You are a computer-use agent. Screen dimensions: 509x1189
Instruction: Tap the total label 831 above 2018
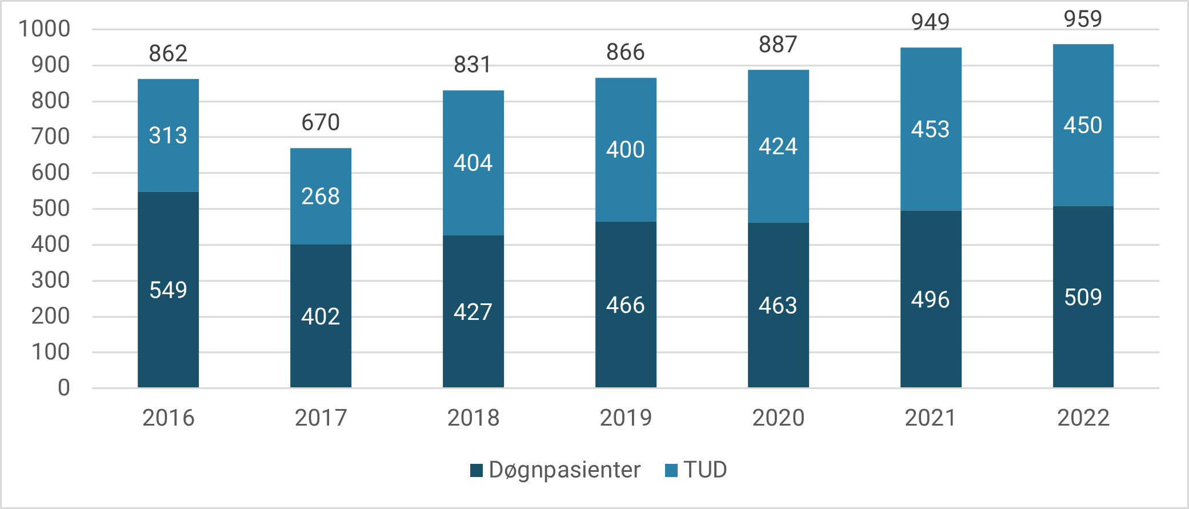click(x=473, y=65)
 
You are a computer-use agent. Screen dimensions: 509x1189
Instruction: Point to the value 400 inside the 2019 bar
click(x=625, y=150)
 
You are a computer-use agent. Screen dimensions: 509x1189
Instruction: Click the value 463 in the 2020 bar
click(x=778, y=306)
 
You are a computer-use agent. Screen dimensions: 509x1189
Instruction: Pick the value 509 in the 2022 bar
click(x=1083, y=297)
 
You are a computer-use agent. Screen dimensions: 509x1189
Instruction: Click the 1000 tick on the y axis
click(x=45, y=29)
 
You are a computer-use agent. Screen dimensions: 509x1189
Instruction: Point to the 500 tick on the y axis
click(x=50, y=209)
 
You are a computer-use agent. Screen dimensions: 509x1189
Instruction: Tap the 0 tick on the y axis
click(x=63, y=388)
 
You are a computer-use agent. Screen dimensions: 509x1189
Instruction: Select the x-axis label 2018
click(x=473, y=418)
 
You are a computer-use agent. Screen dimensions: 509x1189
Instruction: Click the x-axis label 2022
click(x=1083, y=418)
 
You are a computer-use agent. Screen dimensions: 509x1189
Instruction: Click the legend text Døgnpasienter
click(x=564, y=470)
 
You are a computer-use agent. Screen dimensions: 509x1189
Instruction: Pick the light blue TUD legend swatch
click(x=671, y=470)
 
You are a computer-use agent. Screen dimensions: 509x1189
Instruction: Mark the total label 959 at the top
click(x=1083, y=19)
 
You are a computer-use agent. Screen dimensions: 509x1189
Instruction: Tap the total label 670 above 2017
click(x=321, y=122)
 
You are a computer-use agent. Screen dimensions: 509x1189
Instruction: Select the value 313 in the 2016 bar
click(x=168, y=135)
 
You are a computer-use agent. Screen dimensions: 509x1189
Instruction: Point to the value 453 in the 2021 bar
click(x=930, y=129)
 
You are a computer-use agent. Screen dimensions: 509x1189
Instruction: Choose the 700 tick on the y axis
click(x=50, y=137)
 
